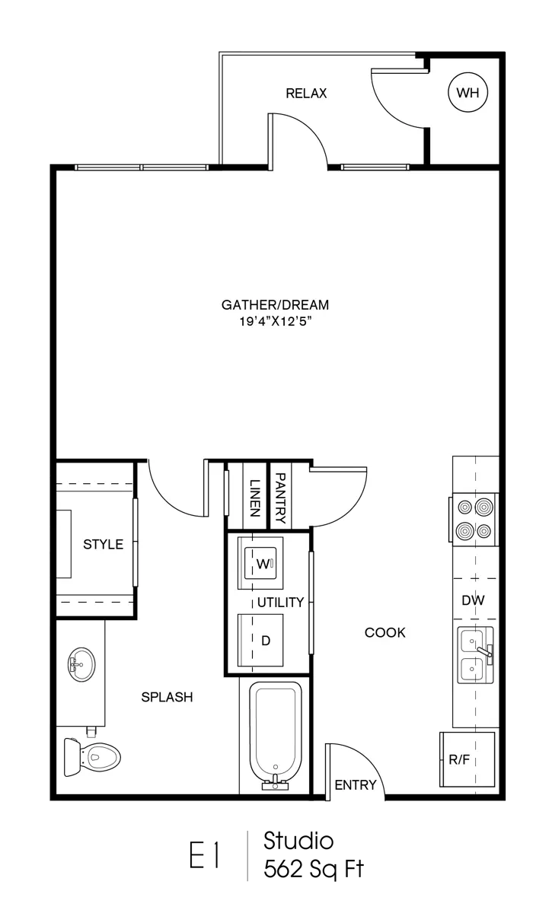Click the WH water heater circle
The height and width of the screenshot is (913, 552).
coord(467,94)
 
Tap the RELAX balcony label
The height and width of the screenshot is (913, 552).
coord(306,94)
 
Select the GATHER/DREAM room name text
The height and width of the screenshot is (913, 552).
coord(275,305)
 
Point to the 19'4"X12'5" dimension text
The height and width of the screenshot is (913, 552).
coord(275,322)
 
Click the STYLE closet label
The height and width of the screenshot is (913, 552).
coord(103,544)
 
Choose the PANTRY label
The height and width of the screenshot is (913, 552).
coord(279,498)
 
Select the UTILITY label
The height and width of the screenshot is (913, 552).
coord(280,603)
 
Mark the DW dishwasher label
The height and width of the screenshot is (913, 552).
coord(473,600)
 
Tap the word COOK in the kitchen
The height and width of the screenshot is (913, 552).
coord(385,632)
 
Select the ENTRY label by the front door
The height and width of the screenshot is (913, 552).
coord(356,785)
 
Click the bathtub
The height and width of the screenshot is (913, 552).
coord(277,732)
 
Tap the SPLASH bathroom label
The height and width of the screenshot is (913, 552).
coord(168,696)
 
